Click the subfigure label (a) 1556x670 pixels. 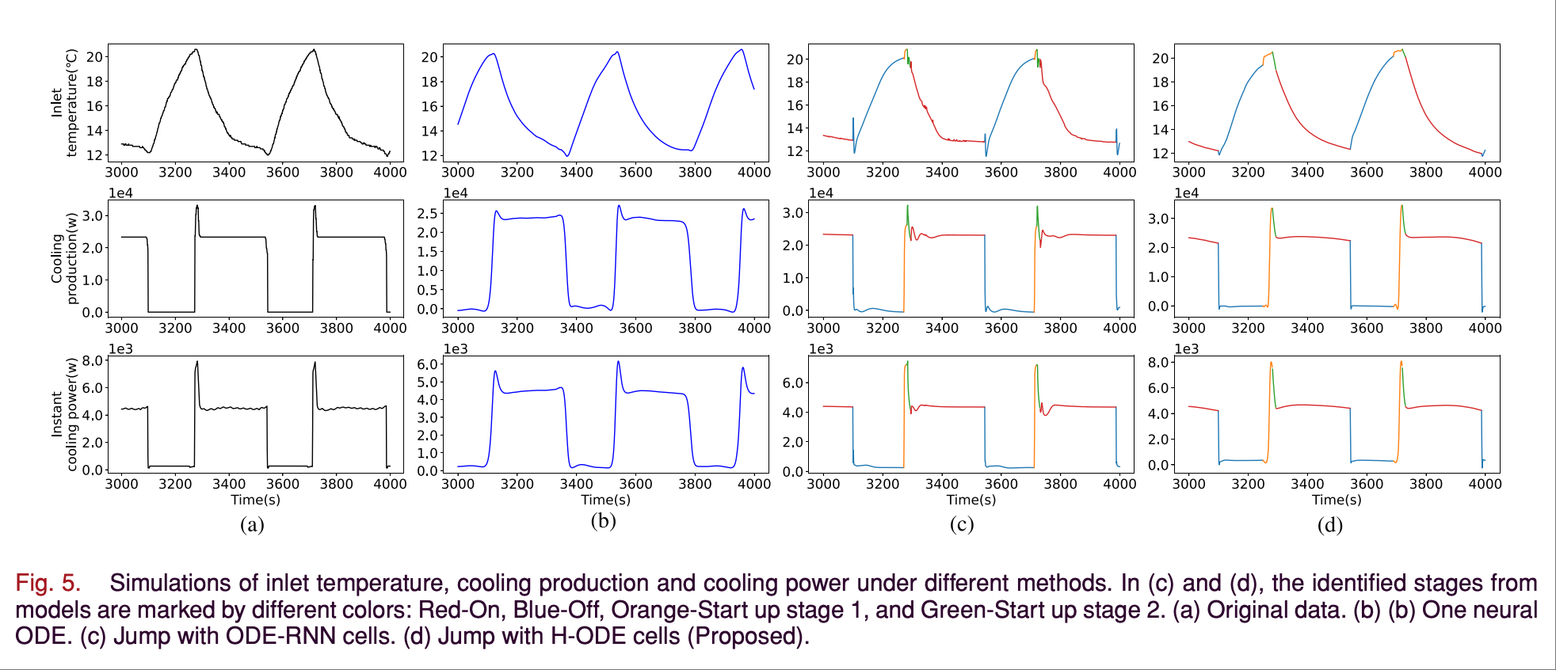pos(252,524)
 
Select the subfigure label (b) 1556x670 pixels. pos(603,521)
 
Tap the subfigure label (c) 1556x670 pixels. pos(961,524)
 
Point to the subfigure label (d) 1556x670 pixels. pos(1329,524)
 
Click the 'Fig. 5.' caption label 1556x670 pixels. pos(48,583)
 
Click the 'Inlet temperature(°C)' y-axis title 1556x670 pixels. pos(64,102)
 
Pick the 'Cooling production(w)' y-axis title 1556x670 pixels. pos(64,258)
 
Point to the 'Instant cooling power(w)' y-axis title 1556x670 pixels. pos(64,414)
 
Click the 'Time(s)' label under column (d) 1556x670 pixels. pos(1337,500)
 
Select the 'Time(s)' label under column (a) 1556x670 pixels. pos(255,500)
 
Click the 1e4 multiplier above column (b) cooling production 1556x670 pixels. pos(456,193)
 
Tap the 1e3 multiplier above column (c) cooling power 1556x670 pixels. pos(821,349)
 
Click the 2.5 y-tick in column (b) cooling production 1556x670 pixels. pos(428,214)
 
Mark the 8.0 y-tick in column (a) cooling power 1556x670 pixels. pos(93,361)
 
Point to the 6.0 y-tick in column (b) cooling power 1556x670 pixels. pos(428,364)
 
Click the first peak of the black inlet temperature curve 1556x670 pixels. pos(196,50)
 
